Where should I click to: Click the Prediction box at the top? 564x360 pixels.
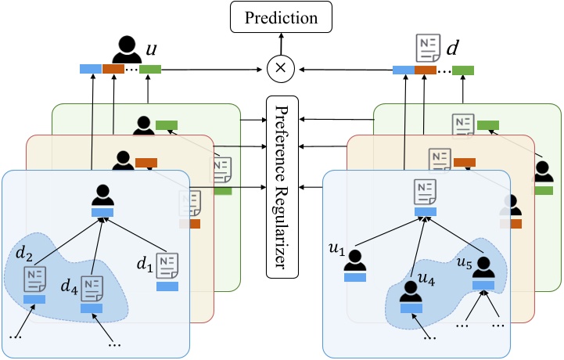click(280, 16)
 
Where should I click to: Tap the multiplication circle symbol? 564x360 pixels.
click(280, 69)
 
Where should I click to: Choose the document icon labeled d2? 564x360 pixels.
click(34, 278)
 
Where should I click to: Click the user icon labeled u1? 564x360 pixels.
click(355, 261)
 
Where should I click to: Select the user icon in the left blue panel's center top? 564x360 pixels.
click(103, 195)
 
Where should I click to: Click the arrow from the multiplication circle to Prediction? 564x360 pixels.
click(280, 45)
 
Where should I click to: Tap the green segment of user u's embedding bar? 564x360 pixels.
click(150, 69)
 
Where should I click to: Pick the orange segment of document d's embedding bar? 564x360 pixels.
click(426, 69)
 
